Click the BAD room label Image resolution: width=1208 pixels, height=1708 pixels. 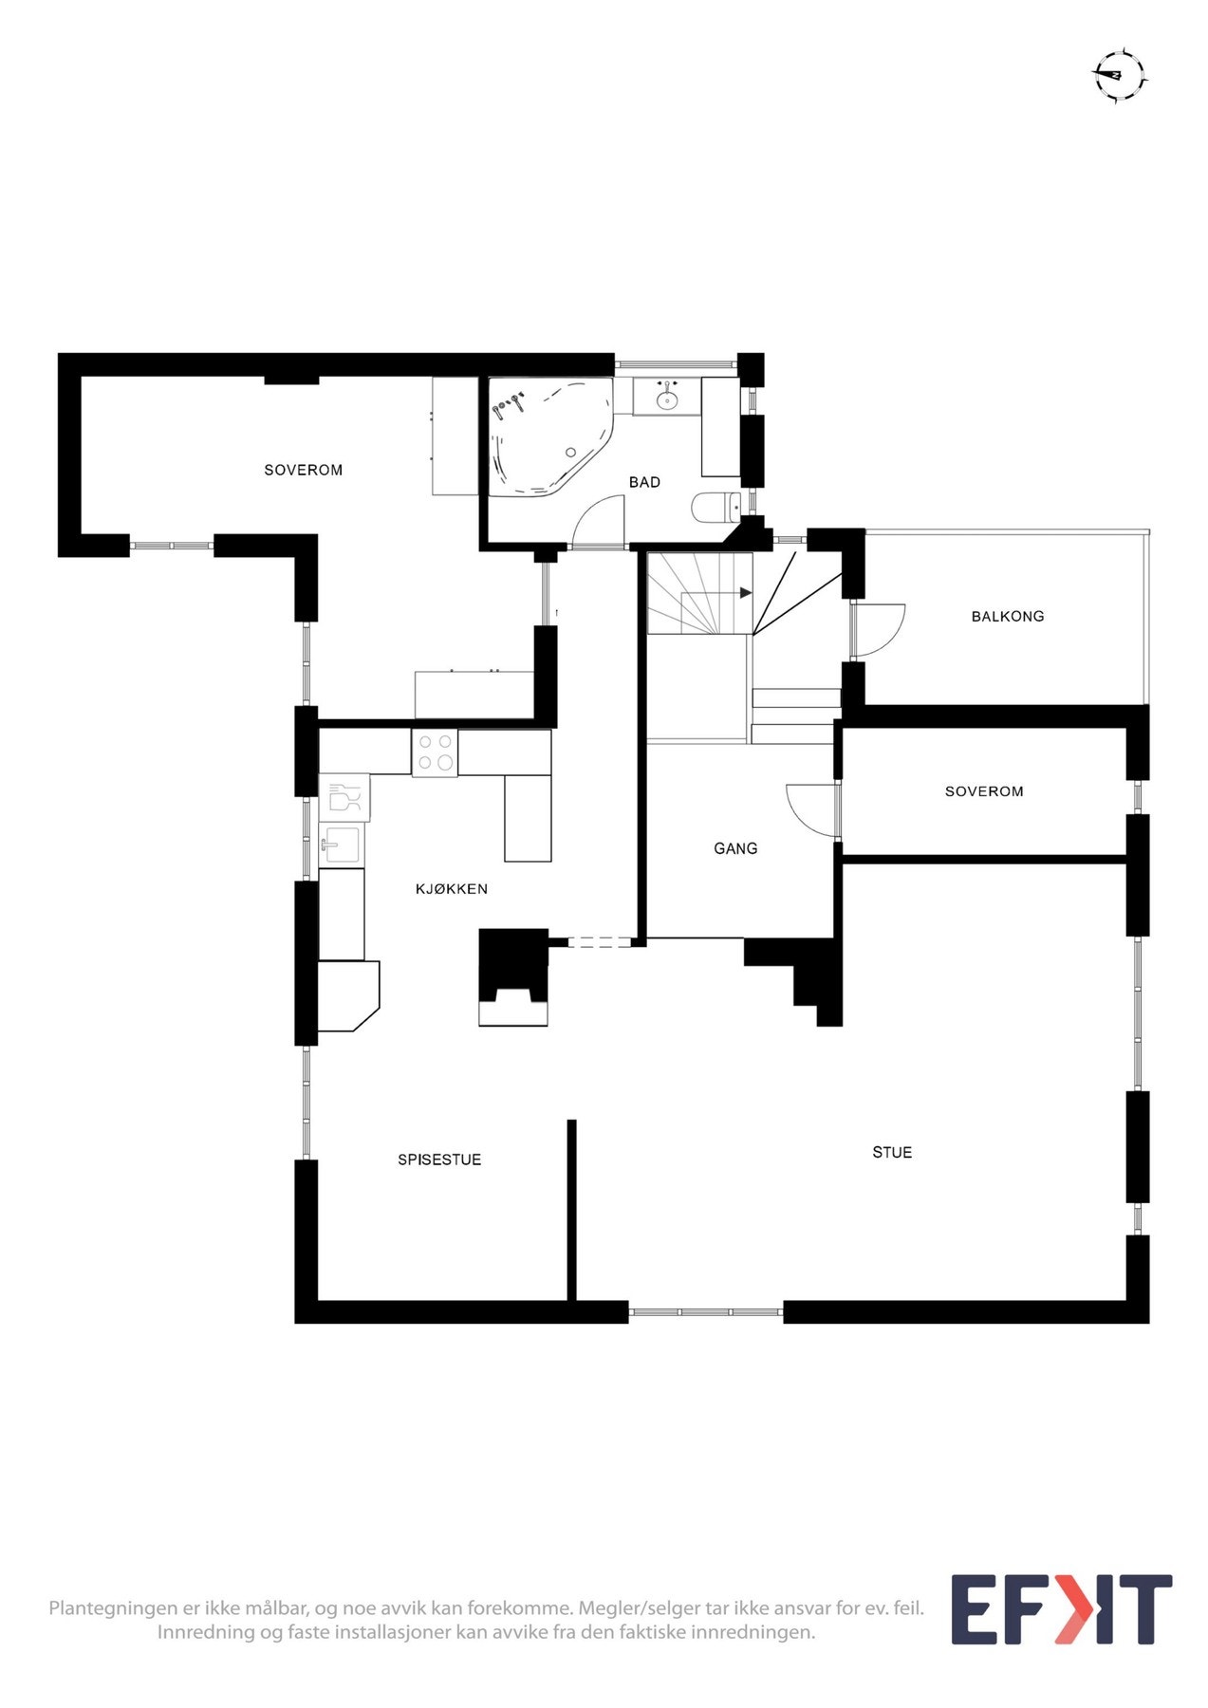644,482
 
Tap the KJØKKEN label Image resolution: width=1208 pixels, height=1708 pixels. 452,889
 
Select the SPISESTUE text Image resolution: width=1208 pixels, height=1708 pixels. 439,1160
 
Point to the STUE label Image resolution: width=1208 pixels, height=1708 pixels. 892,1152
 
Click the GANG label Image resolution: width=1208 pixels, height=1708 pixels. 735,848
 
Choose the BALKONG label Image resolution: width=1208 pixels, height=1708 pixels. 1008,616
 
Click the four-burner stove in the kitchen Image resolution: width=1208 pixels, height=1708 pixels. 435,752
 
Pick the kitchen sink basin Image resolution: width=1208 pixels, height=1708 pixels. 341,844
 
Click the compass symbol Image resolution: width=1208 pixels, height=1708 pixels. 1119,75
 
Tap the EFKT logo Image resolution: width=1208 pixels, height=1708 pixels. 1061,1609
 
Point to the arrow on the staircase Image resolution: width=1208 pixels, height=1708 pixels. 746,593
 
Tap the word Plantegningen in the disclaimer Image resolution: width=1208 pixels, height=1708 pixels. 100,1608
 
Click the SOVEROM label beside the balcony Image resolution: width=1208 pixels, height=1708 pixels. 984,790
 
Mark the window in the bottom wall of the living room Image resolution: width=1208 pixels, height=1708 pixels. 706,1312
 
